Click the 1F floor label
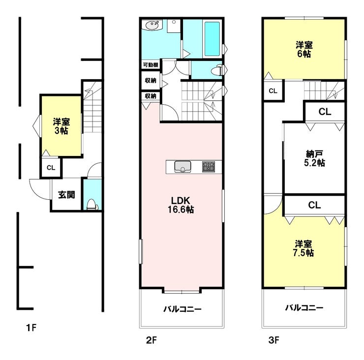pos(31,328)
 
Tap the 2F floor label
pos(152,340)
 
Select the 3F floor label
pos(274,340)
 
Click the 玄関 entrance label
pos(66,194)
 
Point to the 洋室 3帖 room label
pos(61,126)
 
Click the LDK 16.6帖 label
pos(181,205)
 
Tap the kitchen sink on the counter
pos(182,167)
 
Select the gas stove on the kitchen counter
pos(209,167)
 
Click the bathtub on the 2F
pos(212,39)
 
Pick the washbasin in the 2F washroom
pos(153,25)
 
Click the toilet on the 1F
pos(92,205)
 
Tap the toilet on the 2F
pos(218,70)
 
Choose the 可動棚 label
pos(151,65)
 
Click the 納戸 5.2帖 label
pos(314,158)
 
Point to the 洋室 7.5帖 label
pos(303,248)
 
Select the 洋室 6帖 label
pos(304,49)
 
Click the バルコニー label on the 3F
pos(304,308)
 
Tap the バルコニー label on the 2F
pos(182,309)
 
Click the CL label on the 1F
pos(51,168)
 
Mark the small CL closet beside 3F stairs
pos(273,91)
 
